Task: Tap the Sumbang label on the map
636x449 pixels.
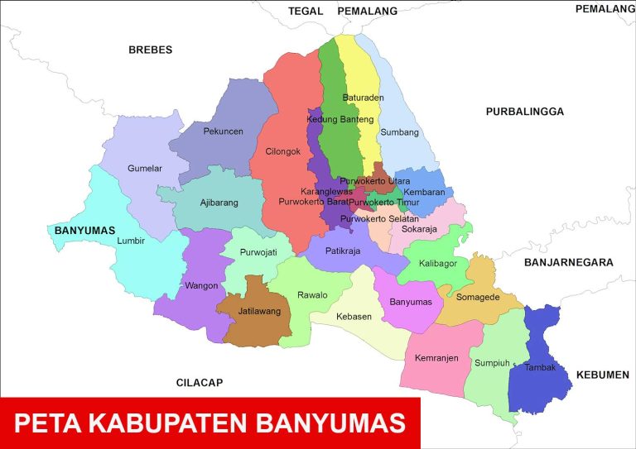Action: pyautogui.click(x=399, y=132)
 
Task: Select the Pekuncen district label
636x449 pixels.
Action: pyautogui.click(x=223, y=131)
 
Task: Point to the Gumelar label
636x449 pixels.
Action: pyautogui.click(x=145, y=169)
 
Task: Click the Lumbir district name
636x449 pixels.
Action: pyautogui.click(x=132, y=241)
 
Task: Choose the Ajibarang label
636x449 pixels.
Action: pyautogui.click(x=219, y=203)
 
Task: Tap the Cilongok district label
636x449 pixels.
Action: pyautogui.click(x=283, y=151)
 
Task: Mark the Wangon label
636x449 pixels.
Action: pyautogui.click(x=202, y=286)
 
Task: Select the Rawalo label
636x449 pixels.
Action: pyautogui.click(x=312, y=295)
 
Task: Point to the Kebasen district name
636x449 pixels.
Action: pyautogui.click(x=354, y=317)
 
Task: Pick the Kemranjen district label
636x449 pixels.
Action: pyautogui.click(x=436, y=358)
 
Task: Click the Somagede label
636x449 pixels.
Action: pyautogui.click(x=477, y=297)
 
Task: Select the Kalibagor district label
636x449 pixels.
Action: pyautogui.click(x=438, y=264)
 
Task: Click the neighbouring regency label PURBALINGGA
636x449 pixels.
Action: pyautogui.click(x=524, y=112)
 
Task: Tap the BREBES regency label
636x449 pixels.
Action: pyautogui.click(x=150, y=50)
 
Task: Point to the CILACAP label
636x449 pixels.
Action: pyautogui.click(x=200, y=383)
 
